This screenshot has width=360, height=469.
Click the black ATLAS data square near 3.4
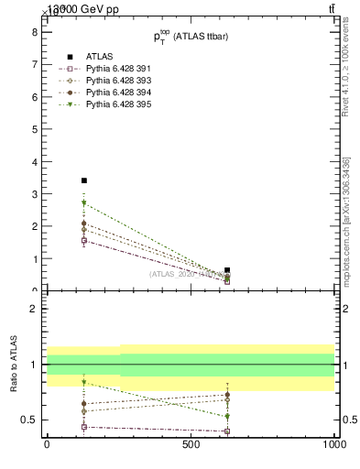point(84,180)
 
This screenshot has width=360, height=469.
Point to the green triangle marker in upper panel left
point(84,203)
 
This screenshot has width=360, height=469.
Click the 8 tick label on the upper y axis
point(34,31)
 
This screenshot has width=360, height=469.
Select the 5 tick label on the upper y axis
point(34,129)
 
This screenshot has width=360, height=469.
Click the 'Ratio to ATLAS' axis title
point(13,364)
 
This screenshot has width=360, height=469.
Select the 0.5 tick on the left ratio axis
point(29,420)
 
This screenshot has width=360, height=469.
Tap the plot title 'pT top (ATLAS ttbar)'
point(190,37)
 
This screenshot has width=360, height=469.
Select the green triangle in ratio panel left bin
point(84,382)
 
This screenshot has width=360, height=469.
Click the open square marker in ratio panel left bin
point(84,427)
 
